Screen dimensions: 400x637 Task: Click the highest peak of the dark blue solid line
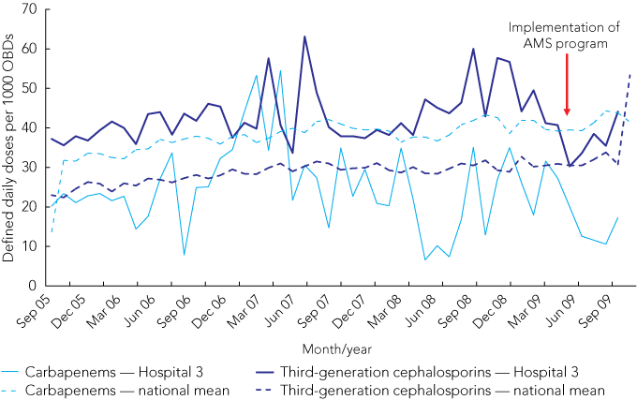coord(304,37)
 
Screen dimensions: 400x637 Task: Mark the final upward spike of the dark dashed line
coord(630,74)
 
